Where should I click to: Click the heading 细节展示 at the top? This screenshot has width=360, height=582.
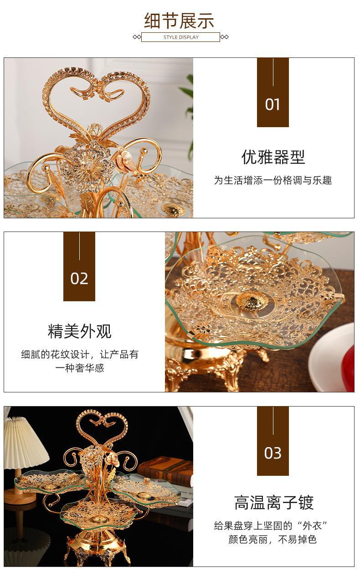(x=179, y=21)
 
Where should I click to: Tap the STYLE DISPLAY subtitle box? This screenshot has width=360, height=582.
(x=180, y=37)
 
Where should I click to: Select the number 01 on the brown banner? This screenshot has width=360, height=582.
(x=273, y=105)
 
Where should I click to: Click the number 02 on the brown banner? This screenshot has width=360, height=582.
(x=79, y=278)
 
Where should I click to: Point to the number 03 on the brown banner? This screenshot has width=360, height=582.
(x=273, y=453)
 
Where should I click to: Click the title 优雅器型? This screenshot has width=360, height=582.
(x=273, y=157)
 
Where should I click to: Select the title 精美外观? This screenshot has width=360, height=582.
(x=79, y=331)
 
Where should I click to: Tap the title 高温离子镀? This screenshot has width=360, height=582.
(x=273, y=503)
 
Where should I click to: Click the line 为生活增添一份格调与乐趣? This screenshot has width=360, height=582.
(x=273, y=180)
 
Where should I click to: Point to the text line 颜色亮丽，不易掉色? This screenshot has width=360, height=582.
(x=273, y=540)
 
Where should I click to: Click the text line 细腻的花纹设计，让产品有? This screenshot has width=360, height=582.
(x=79, y=355)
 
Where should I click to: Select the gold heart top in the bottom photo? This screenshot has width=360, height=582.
(x=102, y=426)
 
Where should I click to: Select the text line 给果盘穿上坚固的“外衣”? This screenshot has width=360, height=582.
(x=272, y=525)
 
